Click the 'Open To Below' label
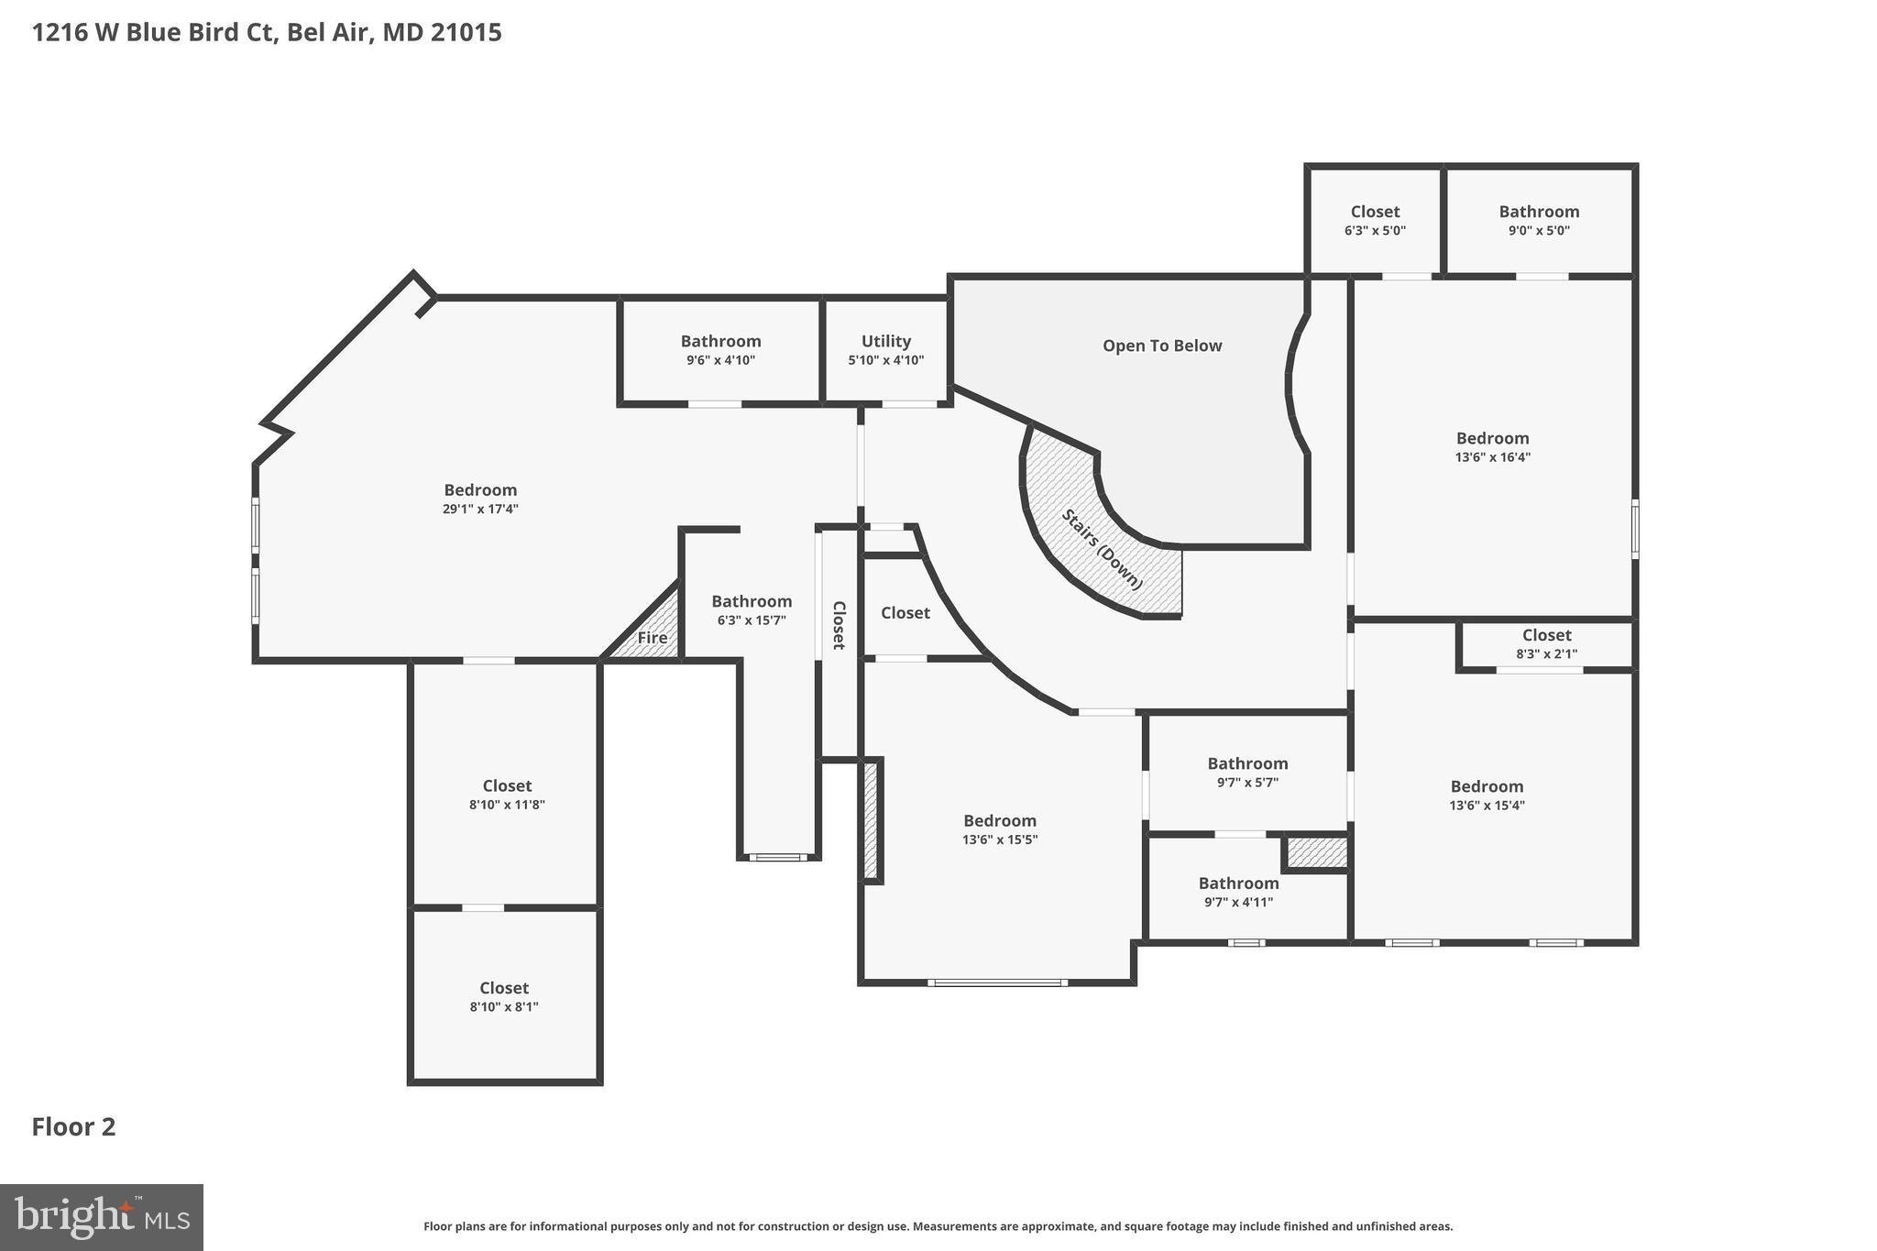click(1161, 346)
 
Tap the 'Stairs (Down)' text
click(1103, 549)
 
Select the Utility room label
click(885, 342)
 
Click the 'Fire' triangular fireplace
click(653, 637)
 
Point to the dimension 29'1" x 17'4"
click(480, 509)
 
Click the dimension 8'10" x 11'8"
click(507, 805)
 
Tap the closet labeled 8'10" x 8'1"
click(504, 996)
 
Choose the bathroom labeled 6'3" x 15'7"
click(752, 609)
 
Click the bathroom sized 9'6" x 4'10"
click(720, 350)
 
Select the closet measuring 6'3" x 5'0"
click(1375, 220)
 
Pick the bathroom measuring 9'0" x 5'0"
click(1539, 220)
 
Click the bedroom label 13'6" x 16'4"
click(1492, 456)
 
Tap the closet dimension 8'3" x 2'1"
click(1546, 653)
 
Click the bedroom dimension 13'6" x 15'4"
click(1487, 806)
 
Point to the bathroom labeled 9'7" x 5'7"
click(1247, 772)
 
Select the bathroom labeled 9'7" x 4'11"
click(1238, 892)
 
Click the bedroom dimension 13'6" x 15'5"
click(1000, 839)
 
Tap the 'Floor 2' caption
click(73, 1126)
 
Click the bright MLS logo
click(102, 1217)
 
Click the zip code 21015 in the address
click(467, 33)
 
